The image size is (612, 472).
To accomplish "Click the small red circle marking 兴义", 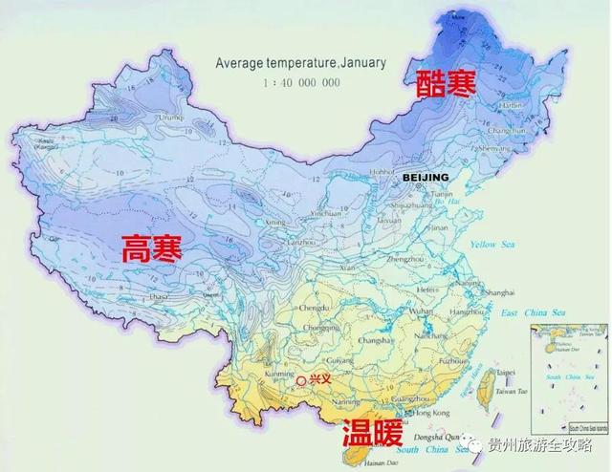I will tap(301, 380).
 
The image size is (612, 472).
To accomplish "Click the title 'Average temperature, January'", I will tap(300, 63).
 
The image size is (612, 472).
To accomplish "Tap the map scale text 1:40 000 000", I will tap(301, 82).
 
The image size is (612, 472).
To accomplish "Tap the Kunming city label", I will tap(272, 375).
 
